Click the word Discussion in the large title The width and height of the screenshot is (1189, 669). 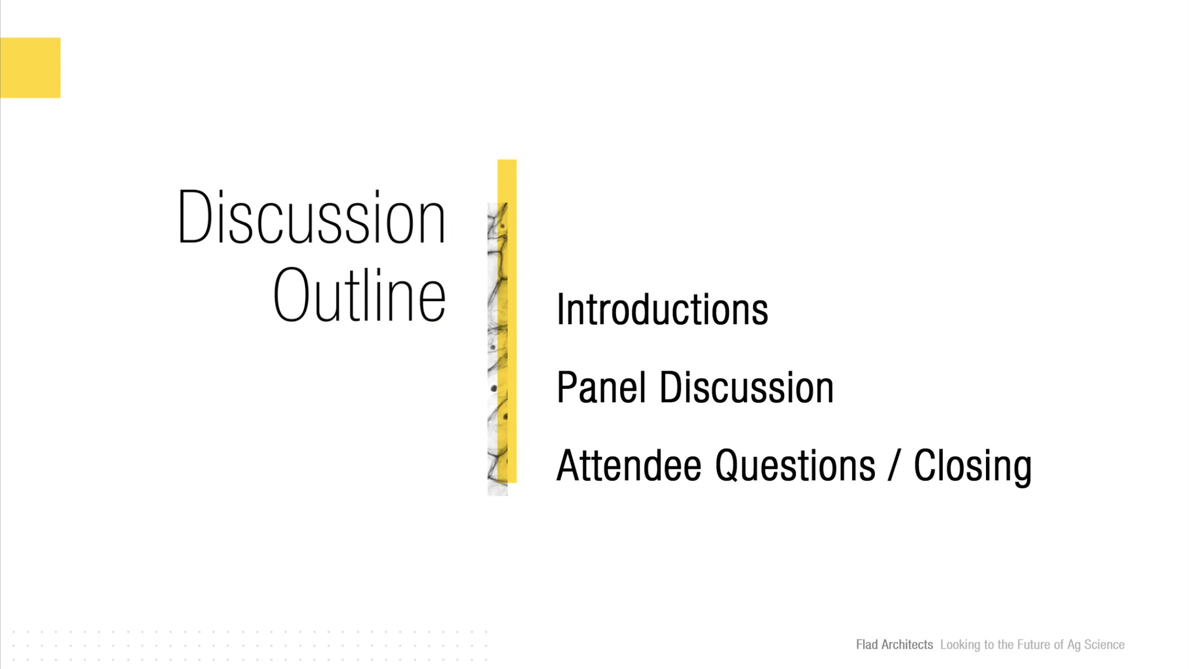(311, 217)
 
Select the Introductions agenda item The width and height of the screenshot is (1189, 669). (662, 309)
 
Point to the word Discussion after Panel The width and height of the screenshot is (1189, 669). (746, 387)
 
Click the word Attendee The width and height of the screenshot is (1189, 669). (628, 465)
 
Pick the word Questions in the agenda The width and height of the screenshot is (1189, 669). (795, 466)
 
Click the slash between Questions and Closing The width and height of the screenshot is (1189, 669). (894, 466)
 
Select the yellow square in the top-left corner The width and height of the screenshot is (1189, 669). (30, 68)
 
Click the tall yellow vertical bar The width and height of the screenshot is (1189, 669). (507, 321)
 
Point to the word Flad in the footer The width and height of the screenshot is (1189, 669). (866, 645)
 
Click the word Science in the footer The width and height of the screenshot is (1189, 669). (1104, 645)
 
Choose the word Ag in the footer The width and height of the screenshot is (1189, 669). (1074, 645)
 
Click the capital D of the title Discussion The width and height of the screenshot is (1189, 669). (195, 217)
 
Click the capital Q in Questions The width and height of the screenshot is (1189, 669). (729, 466)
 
